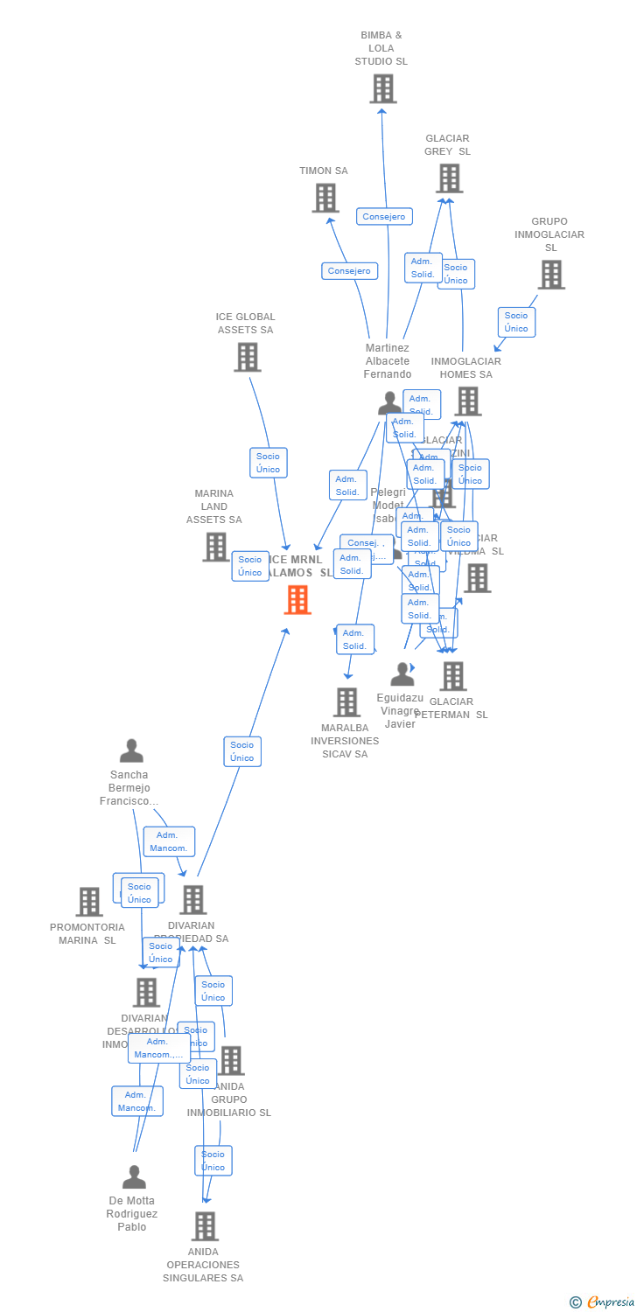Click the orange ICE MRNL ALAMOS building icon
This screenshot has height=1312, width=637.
pyautogui.click(x=297, y=600)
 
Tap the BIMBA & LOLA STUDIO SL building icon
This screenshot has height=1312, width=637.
pyautogui.click(x=382, y=89)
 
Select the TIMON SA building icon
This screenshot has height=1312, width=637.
pyautogui.click(x=325, y=198)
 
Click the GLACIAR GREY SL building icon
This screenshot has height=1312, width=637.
pyautogui.click(x=449, y=178)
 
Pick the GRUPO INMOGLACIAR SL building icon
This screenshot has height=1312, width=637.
pyautogui.click(x=550, y=275)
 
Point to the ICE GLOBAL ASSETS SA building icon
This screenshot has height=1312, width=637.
pyautogui.click(x=247, y=357)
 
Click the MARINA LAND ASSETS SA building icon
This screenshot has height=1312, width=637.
pyautogui.click(x=215, y=547)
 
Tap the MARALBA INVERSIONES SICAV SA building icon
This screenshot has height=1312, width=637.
pyautogui.click(x=346, y=701)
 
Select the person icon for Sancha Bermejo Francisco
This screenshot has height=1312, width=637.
pyautogui.click(x=131, y=751)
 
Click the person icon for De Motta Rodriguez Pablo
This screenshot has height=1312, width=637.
pyautogui.click(x=134, y=1177)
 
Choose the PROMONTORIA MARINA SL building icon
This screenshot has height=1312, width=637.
pyautogui.click(x=89, y=902)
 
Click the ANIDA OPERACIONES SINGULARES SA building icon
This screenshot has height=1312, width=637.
pyautogui.click(x=204, y=1226)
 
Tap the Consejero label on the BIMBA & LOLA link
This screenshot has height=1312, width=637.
pyautogui.click(x=384, y=216)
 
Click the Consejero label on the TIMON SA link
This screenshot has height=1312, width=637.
pyautogui.click(x=349, y=271)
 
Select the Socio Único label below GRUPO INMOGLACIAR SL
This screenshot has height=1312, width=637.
pyautogui.click(x=516, y=322)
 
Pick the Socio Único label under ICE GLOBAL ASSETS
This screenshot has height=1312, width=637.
pyautogui.click(x=268, y=463)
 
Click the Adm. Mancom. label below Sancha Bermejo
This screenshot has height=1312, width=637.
pyautogui.click(x=169, y=841)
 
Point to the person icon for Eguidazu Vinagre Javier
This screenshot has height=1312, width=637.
pyautogui.click(x=402, y=674)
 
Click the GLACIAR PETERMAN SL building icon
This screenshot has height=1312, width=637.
pyautogui.click(x=452, y=676)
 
